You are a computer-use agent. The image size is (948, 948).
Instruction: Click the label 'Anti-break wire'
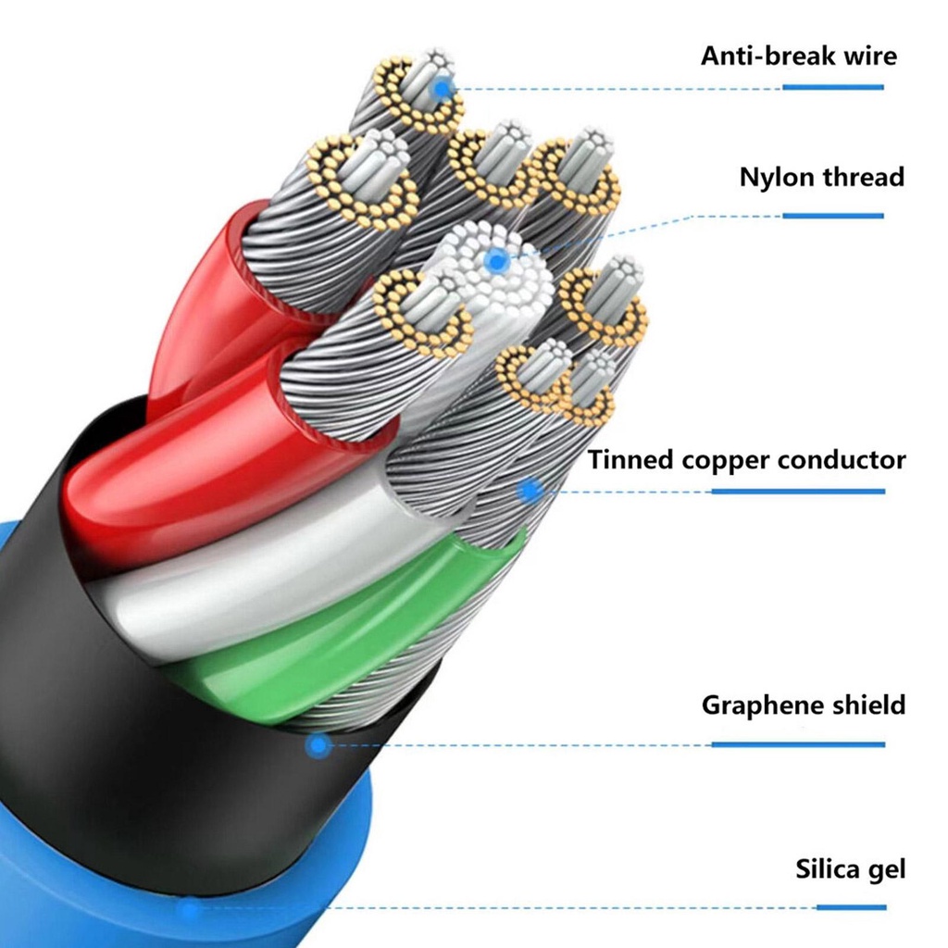click(x=799, y=56)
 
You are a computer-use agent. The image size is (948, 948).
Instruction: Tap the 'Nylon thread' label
click(x=822, y=177)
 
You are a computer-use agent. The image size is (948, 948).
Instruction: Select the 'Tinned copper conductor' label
click(x=747, y=460)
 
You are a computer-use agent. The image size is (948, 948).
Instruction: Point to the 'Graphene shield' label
click(x=804, y=705)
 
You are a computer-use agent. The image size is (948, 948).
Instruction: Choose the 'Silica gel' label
click(x=850, y=869)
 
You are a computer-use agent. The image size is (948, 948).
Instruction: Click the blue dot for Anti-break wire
click(x=443, y=90)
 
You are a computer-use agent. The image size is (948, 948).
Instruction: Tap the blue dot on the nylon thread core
click(x=497, y=261)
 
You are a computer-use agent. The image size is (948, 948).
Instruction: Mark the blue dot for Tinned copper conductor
click(x=531, y=491)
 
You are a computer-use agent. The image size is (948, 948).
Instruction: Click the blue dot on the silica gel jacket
click(x=191, y=907)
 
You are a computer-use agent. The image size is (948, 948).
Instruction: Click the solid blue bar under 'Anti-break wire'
click(x=833, y=88)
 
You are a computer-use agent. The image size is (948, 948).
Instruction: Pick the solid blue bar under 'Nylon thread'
click(x=833, y=216)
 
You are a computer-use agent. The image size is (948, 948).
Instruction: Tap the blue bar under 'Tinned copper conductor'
click(x=798, y=492)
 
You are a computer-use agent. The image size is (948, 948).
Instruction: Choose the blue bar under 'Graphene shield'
click(x=798, y=745)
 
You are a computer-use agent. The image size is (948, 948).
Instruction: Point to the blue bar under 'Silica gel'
click(x=852, y=907)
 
